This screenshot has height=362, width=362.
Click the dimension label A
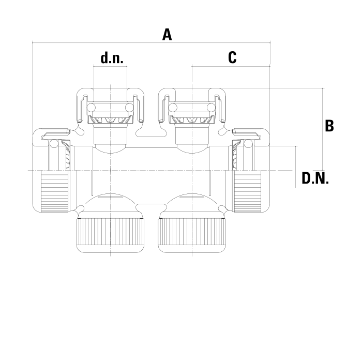167,35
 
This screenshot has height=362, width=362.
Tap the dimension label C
232,57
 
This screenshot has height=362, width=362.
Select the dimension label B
329,126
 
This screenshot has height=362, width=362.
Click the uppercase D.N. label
315,178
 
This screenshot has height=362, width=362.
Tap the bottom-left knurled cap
111,235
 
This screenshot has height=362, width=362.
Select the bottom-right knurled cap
192,235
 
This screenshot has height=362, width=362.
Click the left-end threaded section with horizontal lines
54,191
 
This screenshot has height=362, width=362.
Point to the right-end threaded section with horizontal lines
248,191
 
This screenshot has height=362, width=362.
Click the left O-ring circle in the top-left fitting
91,108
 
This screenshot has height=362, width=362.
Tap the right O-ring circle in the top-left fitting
129,108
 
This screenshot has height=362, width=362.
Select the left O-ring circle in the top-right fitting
173,108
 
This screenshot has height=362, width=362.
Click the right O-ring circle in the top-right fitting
211,108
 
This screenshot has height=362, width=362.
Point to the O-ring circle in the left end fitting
54,143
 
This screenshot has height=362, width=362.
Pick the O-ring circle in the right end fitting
248,143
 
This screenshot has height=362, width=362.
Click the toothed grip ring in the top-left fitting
110,120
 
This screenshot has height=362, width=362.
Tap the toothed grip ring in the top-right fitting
192,120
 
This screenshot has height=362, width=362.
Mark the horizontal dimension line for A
151,42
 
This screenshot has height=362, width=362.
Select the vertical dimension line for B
323,129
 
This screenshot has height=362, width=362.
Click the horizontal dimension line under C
231,66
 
